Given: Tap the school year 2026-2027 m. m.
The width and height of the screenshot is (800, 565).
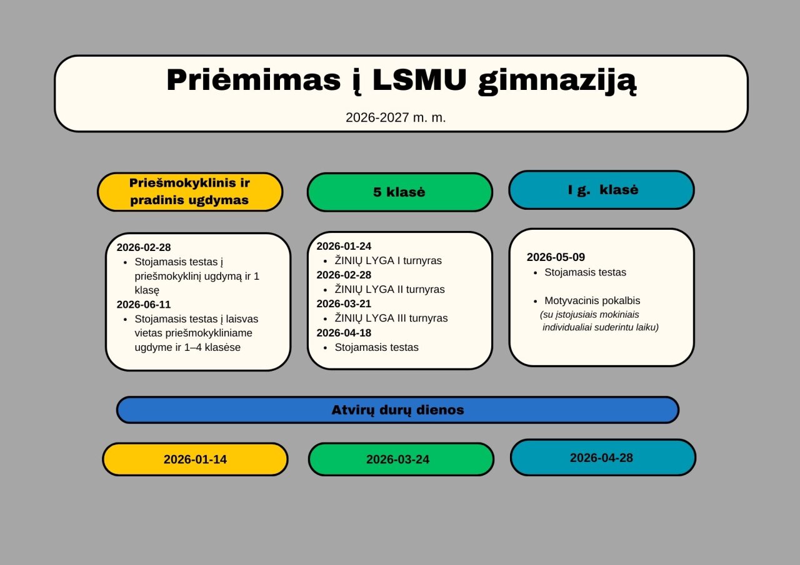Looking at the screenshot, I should pyautogui.click(x=396, y=117).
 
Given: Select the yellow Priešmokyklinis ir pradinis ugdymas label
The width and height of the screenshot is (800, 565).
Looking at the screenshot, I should pyautogui.click(x=189, y=192).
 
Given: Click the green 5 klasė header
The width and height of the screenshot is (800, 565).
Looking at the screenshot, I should pyautogui.click(x=399, y=192).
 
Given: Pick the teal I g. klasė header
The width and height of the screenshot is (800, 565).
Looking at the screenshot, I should pyautogui.click(x=601, y=190).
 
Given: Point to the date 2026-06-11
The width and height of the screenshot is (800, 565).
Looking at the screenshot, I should pyautogui.click(x=144, y=305).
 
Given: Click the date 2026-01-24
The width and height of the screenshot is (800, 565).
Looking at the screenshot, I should pyautogui.click(x=344, y=246).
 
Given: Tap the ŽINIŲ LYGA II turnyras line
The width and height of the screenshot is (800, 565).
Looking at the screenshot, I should pyautogui.click(x=389, y=290).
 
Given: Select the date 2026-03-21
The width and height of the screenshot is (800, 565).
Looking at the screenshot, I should pyautogui.click(x=344, y=303).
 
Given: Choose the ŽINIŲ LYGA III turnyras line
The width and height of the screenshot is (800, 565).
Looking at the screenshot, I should pyautogui.click(x=391, y=318).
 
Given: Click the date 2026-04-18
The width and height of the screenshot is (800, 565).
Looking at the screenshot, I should pyautogui.click(x=344, y=332).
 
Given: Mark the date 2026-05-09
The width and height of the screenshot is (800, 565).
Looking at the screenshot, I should pyautogui.click(x=556, y=257).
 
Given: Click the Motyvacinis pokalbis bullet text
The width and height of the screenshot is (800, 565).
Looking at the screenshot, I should pyautogui.click(x=592, y=301).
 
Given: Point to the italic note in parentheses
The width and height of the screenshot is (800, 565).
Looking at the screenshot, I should pyautogui.click(x=598, y=321).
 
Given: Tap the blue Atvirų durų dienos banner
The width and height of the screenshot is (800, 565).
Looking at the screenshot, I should pyautogui.click(x=397, y=410).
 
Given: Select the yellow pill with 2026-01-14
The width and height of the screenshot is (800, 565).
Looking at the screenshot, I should pyautogui.click(x=195, y=459).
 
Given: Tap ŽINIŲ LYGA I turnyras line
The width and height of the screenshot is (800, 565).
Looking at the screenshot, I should pyautogui.click(x=387, y=261).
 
